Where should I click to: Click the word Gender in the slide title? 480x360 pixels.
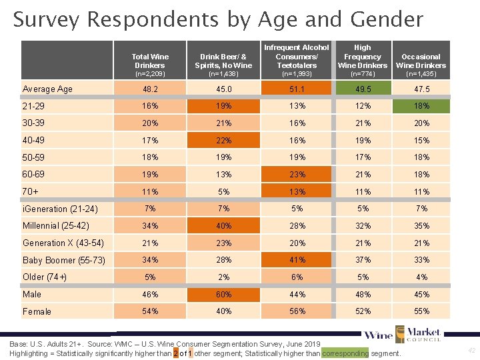tap(381, 19)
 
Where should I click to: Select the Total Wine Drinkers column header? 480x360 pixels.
tap(150, 61)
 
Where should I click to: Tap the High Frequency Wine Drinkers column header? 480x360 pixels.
tap(363, 57)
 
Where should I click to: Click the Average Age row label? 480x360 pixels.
tap(47, 89)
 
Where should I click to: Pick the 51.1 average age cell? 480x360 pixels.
tap(297, 89)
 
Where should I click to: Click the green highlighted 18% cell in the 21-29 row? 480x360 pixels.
tap(421, 106)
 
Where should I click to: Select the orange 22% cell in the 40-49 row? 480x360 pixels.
tap(224, 140)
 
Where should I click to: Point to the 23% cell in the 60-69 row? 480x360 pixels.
tap(297, 175)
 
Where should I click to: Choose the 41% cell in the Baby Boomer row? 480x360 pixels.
tap(297, 260)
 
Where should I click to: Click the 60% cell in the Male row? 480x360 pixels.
tap(224, 294)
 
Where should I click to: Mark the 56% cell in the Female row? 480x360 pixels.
tap(297, 311)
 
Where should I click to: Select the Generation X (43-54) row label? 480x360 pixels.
tap(63, 243)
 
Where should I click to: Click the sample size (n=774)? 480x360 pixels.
tap(363, 73)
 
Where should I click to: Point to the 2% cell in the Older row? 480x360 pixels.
tap(224, 277)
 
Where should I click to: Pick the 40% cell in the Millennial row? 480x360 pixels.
tap(224, 225)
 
